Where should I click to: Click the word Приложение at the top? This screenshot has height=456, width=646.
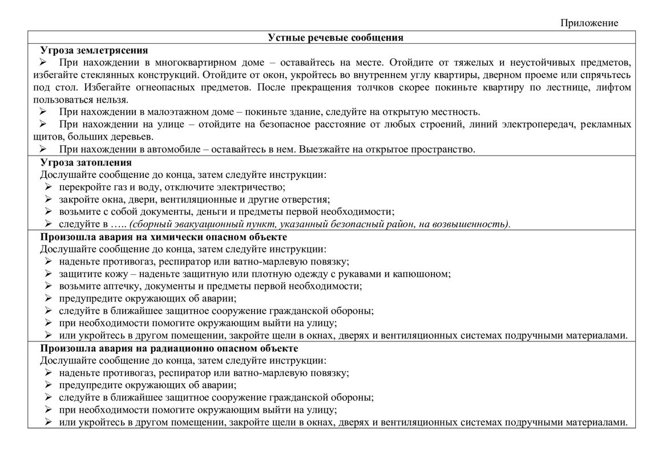click(x=589, y=23)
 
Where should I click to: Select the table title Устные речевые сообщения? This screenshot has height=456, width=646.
click(x=336, y=38)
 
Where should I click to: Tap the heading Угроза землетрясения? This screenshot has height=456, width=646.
click(x=94, y=50)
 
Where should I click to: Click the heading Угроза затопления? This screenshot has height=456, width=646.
click(x=86, y=162)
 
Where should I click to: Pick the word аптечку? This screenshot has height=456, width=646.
click(x=116, y=286)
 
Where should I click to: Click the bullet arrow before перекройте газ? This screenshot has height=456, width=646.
click(x=49, y=187)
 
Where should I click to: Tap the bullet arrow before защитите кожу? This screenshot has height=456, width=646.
click(x=49, y=274)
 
